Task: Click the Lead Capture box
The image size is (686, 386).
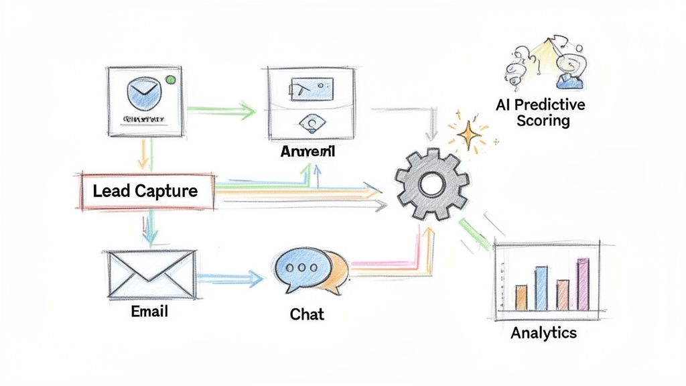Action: pyautogui.click(x=145, y=191)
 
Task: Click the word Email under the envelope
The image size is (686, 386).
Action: pyautogui.click(x=149, y=312)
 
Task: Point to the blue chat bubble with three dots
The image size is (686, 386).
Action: pyautogui.click(x=301, y=267)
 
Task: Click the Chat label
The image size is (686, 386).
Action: pyautogui.click(x=307, y=313)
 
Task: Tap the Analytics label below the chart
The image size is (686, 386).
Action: pyautogui.click(x=543, y=333)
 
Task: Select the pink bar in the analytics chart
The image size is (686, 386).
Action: pyautogui.click(x=582, y=284)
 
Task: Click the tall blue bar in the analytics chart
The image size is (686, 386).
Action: pyautogui.click(x=541, y=289)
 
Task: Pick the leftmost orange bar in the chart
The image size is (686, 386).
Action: pyautogui.click(x=521, y=296)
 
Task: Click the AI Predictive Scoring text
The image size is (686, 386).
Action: pyautogui.click(x=541, y=113)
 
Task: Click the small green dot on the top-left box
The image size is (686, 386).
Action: pyautogui.click(x=170, y=80)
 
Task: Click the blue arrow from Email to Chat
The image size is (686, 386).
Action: pyautogui.click(x=228, y=277)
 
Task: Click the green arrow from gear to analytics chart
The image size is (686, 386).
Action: pyautogui.click(x=474, y=234)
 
